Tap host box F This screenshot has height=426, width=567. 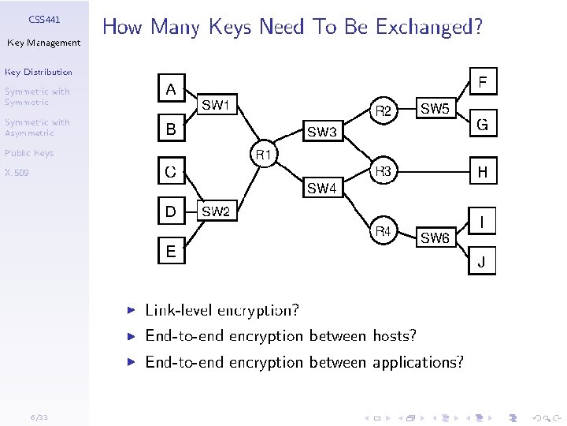483,81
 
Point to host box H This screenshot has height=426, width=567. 483,171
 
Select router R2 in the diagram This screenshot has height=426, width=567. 384,111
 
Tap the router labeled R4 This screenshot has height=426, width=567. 384,232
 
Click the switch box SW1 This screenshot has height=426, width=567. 216,104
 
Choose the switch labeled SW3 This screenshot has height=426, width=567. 321,132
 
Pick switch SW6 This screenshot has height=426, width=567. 435,237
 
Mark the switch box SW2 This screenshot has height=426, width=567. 216,211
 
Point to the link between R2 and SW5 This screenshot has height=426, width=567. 406,110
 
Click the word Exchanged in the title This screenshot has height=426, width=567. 428,28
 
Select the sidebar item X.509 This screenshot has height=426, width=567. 17,172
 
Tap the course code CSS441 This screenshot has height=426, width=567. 44,18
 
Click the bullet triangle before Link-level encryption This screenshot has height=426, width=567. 133,310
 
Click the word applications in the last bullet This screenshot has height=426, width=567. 417,363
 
